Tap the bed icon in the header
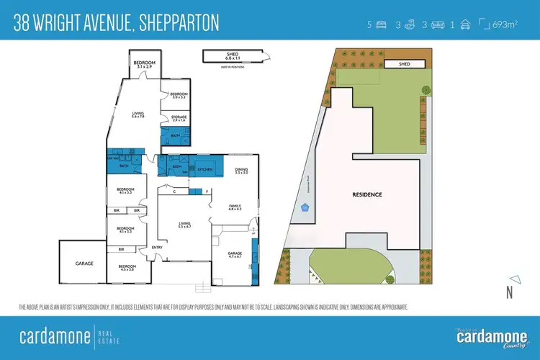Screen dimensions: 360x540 (381, 25)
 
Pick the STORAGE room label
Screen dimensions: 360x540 (179, 118)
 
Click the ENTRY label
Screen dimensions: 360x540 (156, 248)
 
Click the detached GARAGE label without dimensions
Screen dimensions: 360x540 (85, 264)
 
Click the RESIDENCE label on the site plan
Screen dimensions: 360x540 (367, 194)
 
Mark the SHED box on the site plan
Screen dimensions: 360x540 (403, 64)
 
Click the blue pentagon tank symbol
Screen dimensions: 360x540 (305, 208)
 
